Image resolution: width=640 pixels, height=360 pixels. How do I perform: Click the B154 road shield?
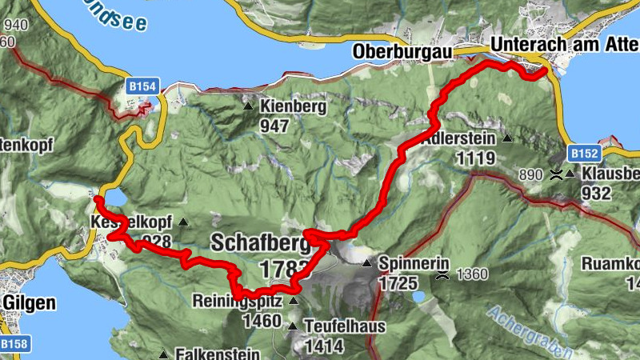click(142, 84)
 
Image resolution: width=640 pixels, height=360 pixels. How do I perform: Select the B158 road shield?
click(14, 345)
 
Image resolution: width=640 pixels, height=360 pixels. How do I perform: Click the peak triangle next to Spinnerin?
click(367, 263)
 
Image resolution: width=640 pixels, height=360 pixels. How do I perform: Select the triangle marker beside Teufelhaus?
click(293, 326)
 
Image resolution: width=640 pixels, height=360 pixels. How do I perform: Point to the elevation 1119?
click(474, 158)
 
